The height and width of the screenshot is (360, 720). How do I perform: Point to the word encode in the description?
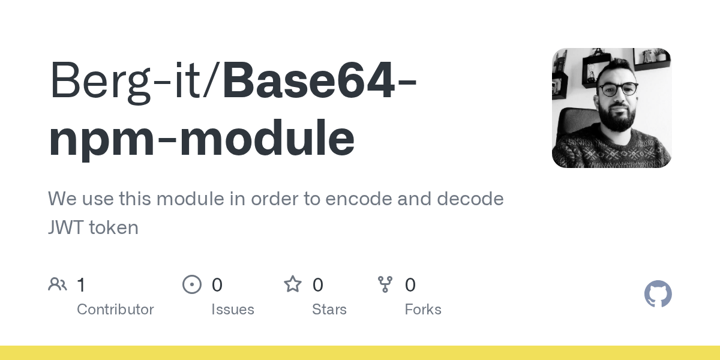pos(349,199)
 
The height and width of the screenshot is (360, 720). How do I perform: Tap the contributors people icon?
pos(58,284)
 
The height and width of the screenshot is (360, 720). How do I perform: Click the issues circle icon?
pos(192,284)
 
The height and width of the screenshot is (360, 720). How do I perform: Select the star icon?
pos(293,284)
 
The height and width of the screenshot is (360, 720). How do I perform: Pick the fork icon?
pos(385,284)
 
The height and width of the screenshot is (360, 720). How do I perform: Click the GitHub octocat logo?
pos(658,294)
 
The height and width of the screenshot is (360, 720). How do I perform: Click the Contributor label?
pos(115,310)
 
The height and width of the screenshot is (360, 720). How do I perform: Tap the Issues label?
pos(233,310)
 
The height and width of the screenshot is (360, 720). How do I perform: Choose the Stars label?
pos(329,310)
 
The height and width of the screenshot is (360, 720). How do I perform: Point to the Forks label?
pos(423,310)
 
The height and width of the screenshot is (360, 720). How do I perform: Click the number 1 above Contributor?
pos(82,285)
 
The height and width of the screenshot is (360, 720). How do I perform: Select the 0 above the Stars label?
pos(318,285)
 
